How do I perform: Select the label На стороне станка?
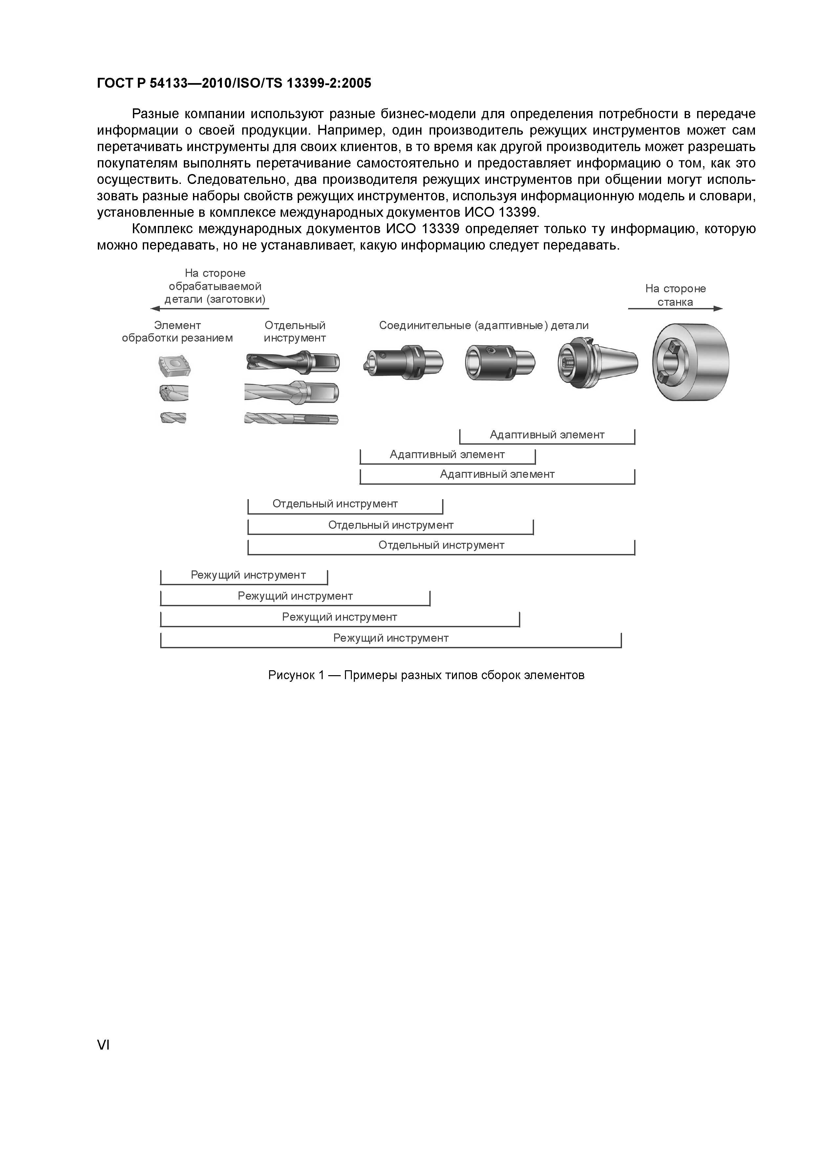pos(675,295)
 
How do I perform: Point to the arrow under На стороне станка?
pos(675,309)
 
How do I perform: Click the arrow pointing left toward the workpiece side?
pos(211,309)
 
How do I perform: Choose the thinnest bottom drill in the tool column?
pos(291,418)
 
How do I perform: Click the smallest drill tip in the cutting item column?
pos(173,417)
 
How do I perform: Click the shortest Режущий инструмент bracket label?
pos(248,575)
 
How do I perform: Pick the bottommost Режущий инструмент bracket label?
pos(391,638)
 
